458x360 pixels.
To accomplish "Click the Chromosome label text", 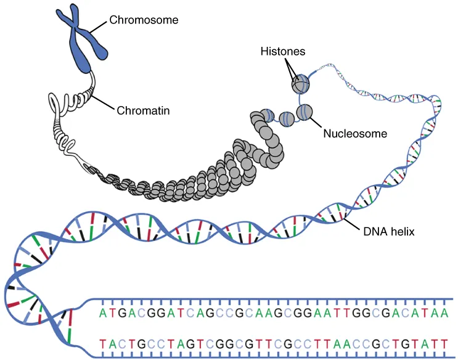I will [x=144, y=20].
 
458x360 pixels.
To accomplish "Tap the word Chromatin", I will [x=143, y=111].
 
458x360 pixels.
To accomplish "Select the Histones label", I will [x=283, y=52].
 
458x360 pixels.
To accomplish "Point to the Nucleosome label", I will [x=355, y=133].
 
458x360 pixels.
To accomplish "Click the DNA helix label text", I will [x=389, y=231].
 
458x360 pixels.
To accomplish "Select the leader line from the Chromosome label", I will [x=99, y=25].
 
